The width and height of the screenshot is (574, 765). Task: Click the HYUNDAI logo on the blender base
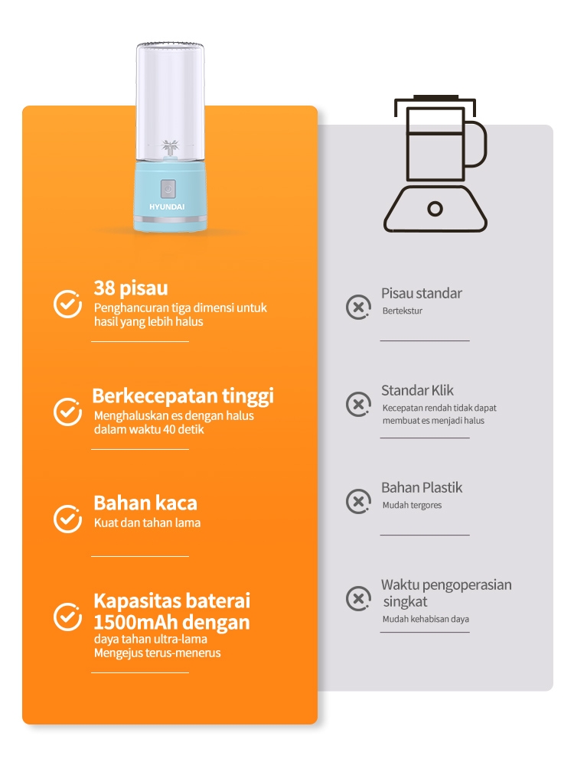click(x=167, y=207)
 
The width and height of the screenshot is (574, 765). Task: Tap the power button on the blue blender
click(x=168, y=188)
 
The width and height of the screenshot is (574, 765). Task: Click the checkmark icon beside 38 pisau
click(x=67, y=304)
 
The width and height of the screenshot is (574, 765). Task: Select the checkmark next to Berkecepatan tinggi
click(x=67, y=412)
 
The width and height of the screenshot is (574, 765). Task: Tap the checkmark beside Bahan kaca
click(x=67, y=519)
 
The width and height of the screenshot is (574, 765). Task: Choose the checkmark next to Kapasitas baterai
click(x=67, y=617)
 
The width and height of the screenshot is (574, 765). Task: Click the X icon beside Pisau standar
click(x=358, y=307)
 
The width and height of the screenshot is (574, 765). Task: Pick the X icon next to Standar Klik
click(x=358, y=404)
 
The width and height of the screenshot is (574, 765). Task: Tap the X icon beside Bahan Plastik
click(x=358, y=501)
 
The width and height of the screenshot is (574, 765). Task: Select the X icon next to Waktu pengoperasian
click(x=358, y=598)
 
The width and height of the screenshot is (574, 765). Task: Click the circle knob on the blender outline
click(x=435, y=209)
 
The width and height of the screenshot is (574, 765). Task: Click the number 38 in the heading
click(x=104, y=288)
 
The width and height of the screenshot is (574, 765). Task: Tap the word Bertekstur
click(x=403, y=311)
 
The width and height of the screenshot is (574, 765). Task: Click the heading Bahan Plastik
click(x=422, y=487)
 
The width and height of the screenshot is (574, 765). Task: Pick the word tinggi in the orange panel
click(x=248, y=396)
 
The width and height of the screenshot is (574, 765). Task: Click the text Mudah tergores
click(x=412, y=506)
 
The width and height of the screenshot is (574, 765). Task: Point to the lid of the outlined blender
click(x=435, y=101)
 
